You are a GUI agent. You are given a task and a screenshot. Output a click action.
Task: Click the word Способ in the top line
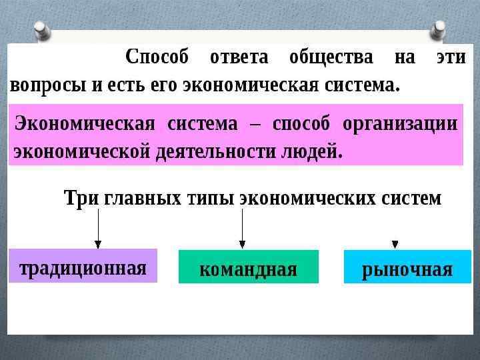(x=157, y=58)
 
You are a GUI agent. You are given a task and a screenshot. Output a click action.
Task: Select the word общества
(x=331, y=58)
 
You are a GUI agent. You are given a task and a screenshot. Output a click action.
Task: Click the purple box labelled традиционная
(x=83, y=266)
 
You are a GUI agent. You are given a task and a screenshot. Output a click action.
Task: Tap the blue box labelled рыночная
(x=407, y=267)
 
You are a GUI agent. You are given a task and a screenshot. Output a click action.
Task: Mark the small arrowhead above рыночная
(x=395, y=244)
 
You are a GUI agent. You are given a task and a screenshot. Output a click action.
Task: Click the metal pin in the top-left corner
(x=43, y=29)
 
